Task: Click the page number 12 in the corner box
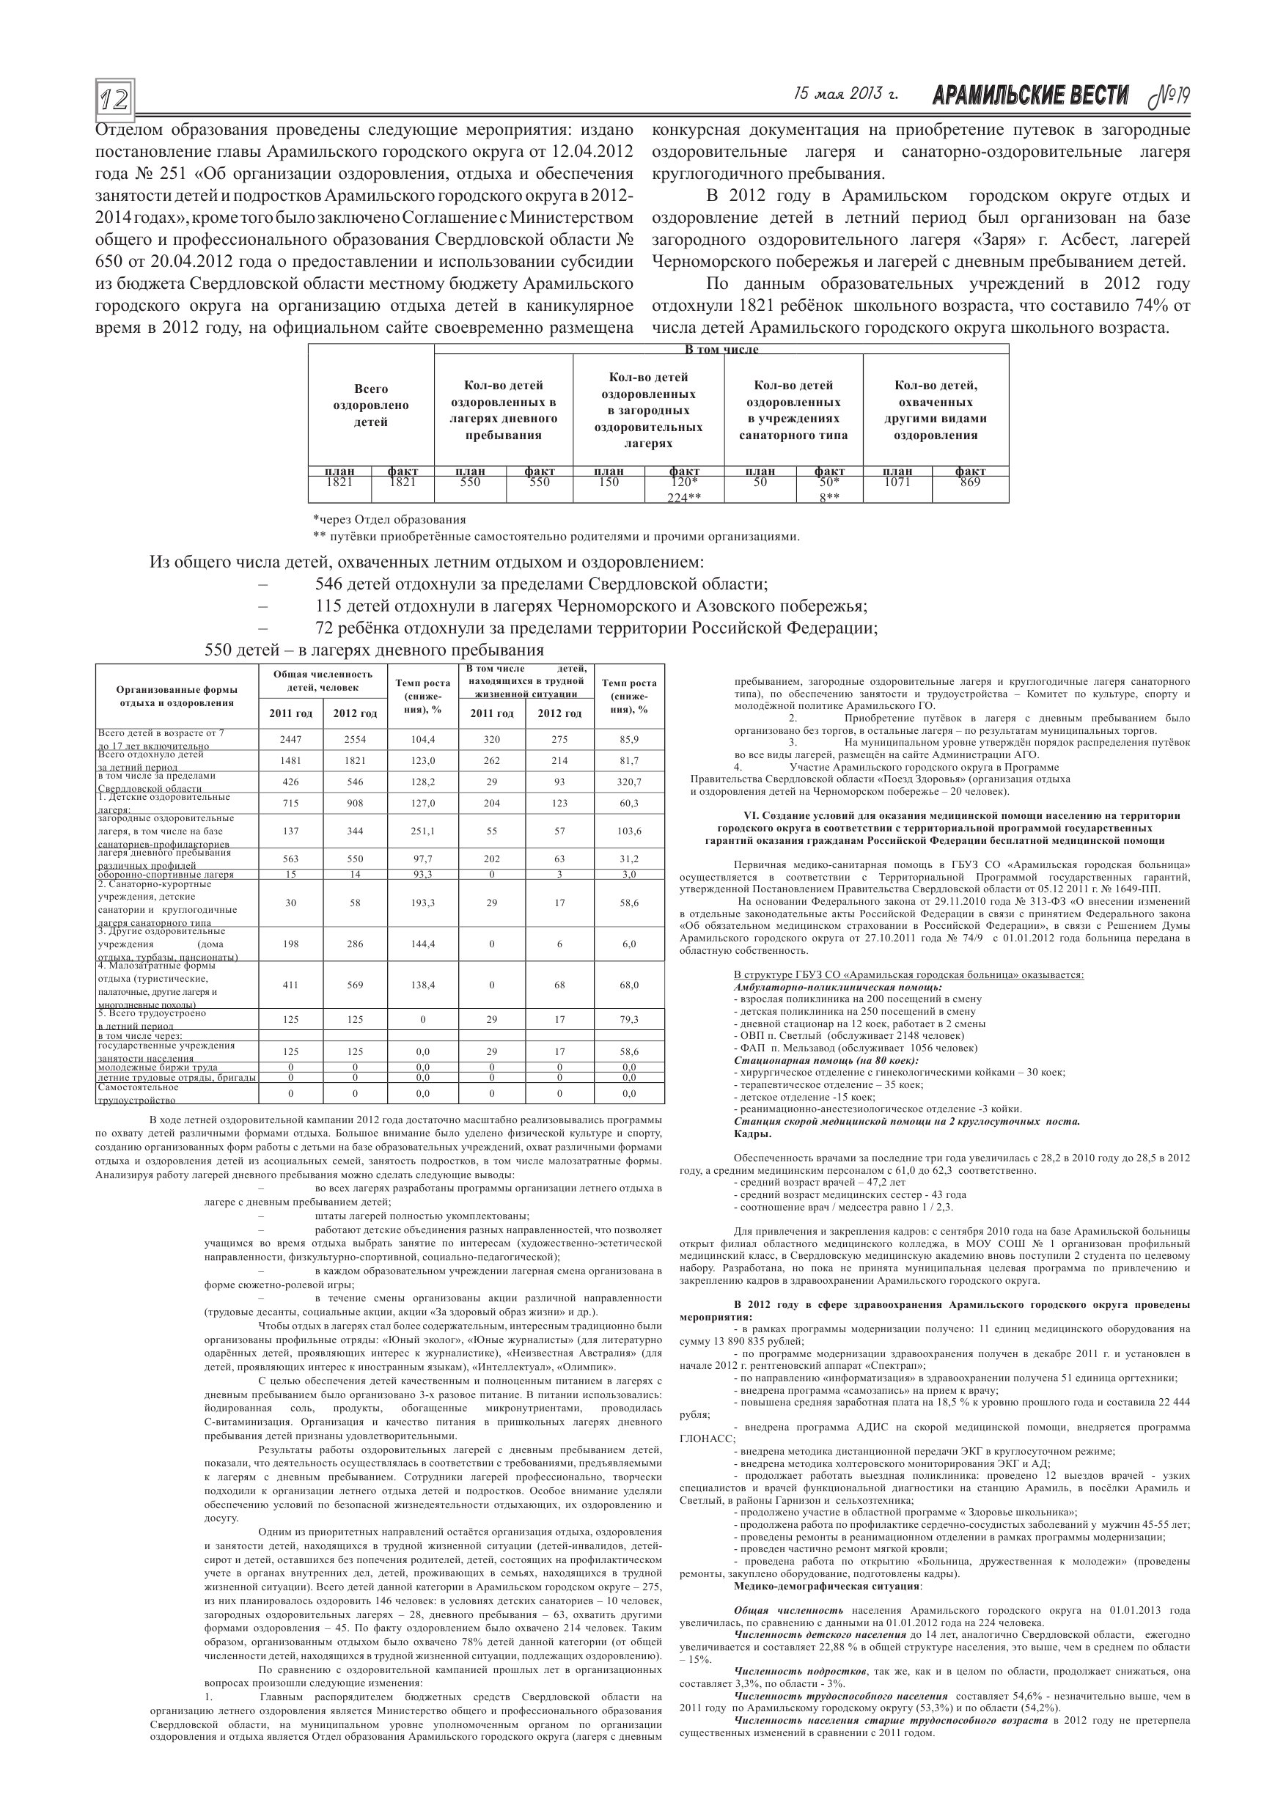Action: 115,99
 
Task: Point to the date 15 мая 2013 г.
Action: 845,95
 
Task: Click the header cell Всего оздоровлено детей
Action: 371,405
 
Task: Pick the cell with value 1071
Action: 897,482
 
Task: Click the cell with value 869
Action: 970,482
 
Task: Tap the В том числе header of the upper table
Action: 721,348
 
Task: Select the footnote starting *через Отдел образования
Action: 389,520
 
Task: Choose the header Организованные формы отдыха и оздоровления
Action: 177,696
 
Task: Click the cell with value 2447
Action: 291,739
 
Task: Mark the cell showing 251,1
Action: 422,831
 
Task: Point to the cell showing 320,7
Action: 629,782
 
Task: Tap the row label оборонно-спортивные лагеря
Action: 166,875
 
